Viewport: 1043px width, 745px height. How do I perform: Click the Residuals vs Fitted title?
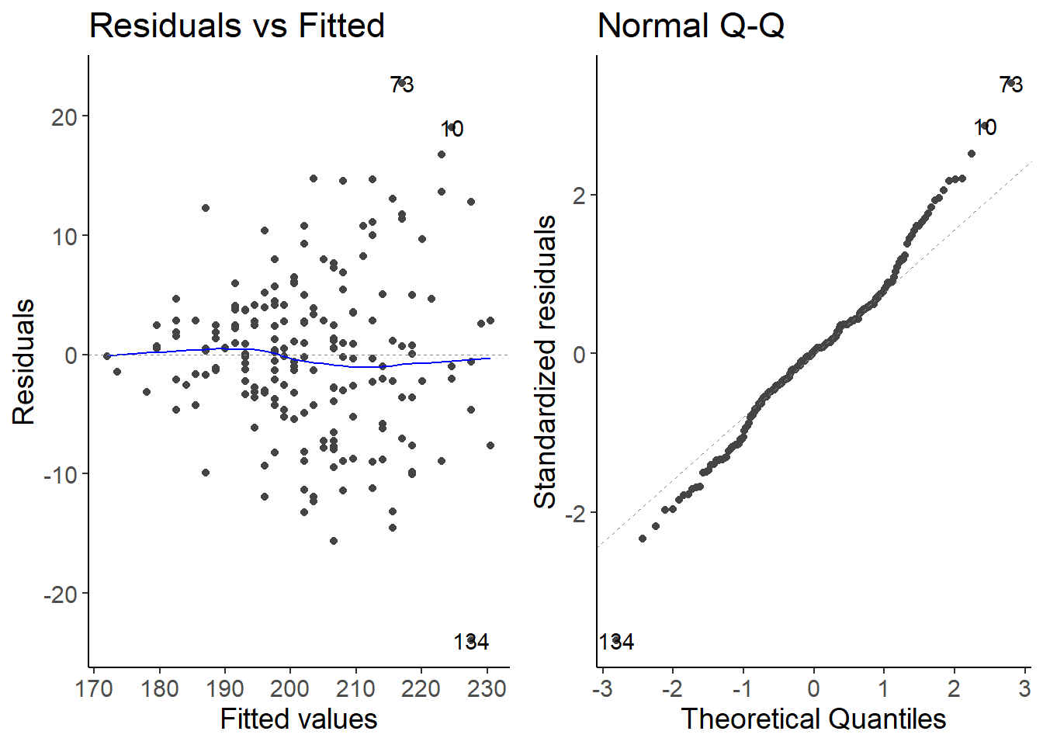237,26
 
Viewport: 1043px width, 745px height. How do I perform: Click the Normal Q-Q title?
691,26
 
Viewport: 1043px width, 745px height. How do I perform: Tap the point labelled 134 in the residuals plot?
471,640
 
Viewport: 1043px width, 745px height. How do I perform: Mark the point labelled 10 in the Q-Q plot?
985,126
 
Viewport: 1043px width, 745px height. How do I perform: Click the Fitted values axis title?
299,719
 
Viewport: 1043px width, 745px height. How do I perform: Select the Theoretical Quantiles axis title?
813,719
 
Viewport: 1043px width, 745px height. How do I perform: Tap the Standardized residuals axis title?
546,362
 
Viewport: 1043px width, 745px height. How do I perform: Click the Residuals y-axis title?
24,362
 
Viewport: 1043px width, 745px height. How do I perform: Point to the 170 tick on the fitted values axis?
95,688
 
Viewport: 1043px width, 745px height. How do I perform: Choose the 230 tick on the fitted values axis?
487,688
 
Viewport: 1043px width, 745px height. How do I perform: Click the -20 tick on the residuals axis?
61,594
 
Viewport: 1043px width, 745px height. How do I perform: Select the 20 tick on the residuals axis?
65,117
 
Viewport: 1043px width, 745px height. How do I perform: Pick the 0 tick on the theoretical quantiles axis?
813,688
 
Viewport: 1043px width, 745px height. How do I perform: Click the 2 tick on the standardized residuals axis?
579,196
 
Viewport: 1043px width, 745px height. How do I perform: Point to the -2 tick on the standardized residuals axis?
575,513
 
